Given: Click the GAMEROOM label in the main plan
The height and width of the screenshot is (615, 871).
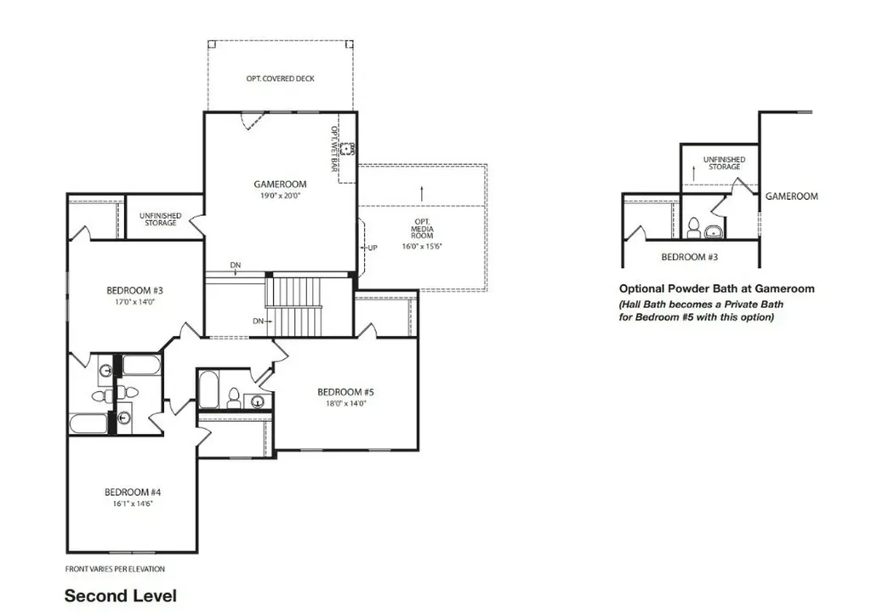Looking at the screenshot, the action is click(x=280, y=184).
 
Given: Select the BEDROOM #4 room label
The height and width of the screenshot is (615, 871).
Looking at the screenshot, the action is click(x=133, y=492).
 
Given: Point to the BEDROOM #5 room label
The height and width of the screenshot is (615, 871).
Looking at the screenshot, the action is click(x=345, y=391).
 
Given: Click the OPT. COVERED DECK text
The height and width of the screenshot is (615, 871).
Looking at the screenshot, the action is click(x=281, y=79).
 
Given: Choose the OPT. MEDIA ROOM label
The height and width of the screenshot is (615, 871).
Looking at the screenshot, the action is click(x=422, y=229).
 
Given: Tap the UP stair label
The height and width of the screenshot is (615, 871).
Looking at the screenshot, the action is click(x=373, y=248).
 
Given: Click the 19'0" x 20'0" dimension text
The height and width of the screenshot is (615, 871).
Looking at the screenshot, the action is click(x=281, y=196).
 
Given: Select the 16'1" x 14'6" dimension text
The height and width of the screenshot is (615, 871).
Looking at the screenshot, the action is click(x=133, y=504).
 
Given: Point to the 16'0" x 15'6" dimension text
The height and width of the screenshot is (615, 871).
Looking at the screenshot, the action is click(x=422, y=246).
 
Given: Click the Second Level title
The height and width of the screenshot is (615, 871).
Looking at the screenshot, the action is click(x=121, y=596).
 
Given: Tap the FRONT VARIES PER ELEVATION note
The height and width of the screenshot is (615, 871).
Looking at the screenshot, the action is click(x=115, y=569).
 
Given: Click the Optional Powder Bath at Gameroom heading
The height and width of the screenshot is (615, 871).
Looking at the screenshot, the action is click(x=716, y=288).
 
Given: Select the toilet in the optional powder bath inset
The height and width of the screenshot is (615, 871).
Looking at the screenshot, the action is click(x=693, y=228).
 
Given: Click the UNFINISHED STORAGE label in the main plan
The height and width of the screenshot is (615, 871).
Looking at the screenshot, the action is click(x=161, y=219).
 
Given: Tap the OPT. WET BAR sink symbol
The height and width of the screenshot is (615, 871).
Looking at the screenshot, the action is click(x=348, y=149).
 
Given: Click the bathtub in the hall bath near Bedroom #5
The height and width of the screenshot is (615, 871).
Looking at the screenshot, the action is click(x=209, y=390).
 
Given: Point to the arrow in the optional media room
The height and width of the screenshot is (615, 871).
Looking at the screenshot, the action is click(x=422, y=193).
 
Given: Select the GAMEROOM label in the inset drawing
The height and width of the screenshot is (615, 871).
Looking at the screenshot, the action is click(x=792, y=196).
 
